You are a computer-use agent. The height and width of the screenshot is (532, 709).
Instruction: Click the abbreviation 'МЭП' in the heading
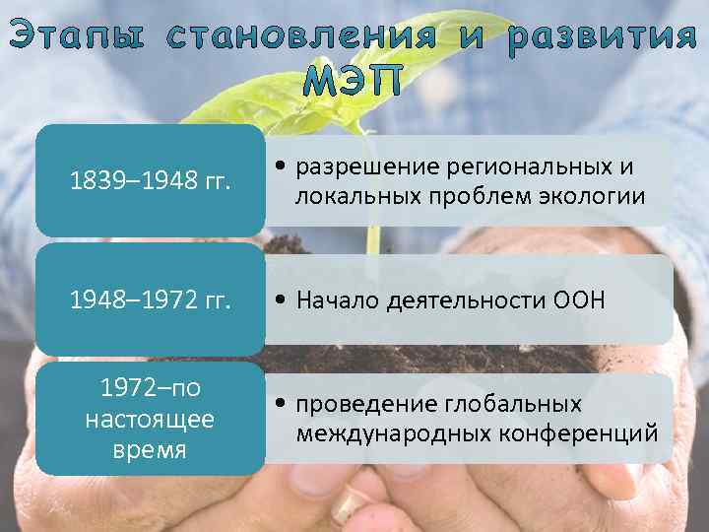click(x=354, y=83)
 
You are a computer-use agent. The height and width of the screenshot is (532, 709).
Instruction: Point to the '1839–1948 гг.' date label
click(x=150, y=180)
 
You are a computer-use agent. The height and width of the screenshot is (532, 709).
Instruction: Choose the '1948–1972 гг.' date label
click(x=150, y=300)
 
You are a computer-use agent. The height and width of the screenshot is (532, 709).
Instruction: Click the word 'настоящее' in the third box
click(x=150, y=420)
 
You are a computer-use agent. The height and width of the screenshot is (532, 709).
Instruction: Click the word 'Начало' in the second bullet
click(x=339, y=301)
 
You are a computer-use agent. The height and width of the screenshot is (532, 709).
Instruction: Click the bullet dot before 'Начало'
click(x=282, y=301)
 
